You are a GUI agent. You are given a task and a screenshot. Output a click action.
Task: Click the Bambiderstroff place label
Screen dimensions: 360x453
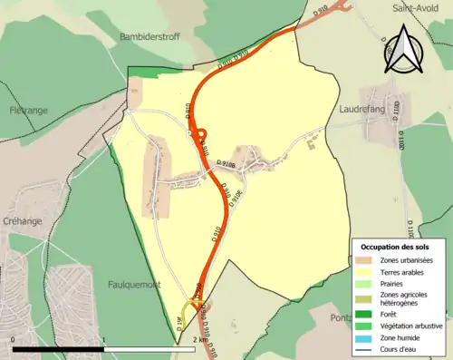click(x=152, y=37)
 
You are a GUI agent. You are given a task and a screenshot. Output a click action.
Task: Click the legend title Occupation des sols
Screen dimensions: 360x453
click(x=394, y=247)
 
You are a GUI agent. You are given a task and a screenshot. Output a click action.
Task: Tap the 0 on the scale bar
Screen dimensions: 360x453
click(x=13, y=339)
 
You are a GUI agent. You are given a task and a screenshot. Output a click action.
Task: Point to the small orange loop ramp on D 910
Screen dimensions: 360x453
click(x=198, y=138)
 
